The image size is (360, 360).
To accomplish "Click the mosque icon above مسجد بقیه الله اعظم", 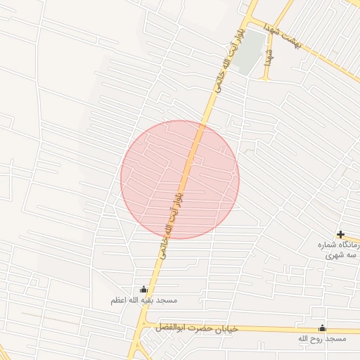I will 144,289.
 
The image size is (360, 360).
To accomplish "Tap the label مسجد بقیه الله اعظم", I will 143,300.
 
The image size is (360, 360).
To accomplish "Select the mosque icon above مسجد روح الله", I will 322,328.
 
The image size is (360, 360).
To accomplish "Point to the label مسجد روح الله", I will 322,339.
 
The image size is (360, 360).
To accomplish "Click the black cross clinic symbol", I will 340,234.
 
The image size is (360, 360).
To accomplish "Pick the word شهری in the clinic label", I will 335,256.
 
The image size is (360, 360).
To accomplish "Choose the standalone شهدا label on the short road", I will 268,58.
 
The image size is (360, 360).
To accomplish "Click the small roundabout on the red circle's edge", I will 233,173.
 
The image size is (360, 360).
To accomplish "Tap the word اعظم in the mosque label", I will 119,300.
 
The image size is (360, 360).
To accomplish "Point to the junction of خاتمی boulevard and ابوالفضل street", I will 143,326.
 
